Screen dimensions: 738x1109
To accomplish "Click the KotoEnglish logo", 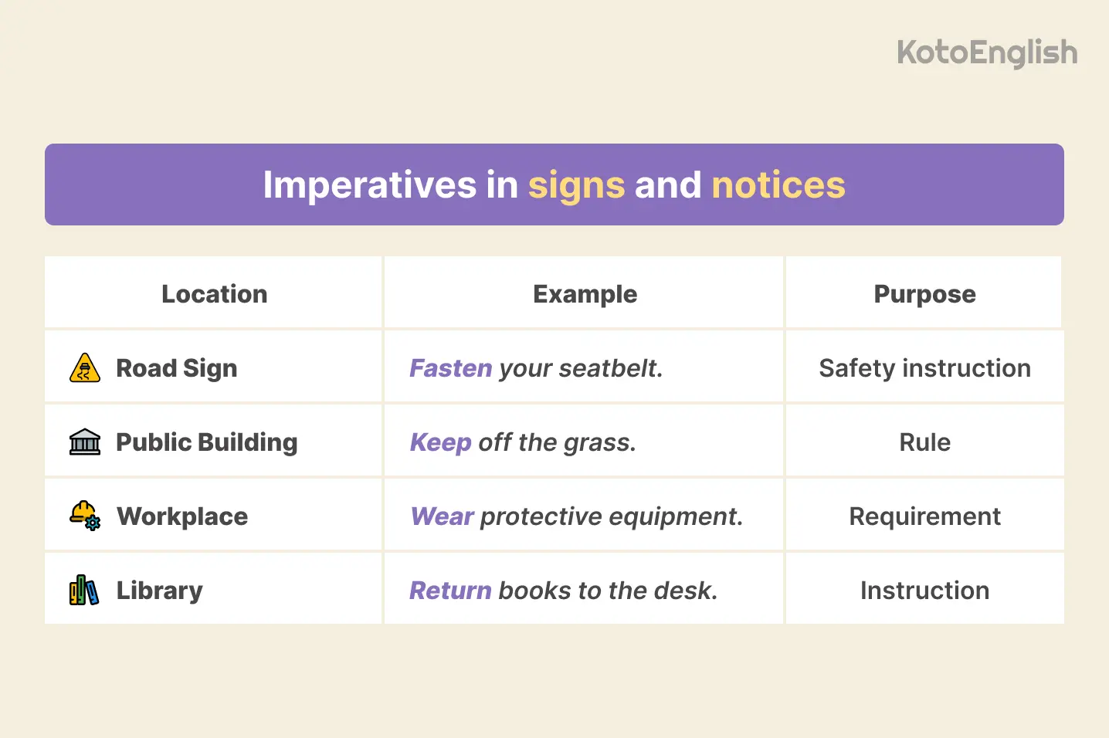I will (986, 53).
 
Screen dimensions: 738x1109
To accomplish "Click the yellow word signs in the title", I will (576, 185).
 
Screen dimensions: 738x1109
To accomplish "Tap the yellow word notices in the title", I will (778, 185).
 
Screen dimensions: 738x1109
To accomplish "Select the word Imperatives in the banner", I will (369, 185).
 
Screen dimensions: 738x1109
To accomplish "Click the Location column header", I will (214, 294).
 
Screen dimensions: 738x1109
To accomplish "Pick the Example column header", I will (585, 294).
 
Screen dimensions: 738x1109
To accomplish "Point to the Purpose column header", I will (924, 294).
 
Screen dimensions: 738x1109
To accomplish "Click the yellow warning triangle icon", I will (84, 368).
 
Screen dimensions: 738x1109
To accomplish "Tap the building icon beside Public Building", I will (84, 442).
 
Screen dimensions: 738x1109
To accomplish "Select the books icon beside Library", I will (84, 591).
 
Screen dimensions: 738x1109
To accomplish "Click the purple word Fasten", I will (450, 368).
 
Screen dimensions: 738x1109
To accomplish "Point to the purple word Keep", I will (440, 442).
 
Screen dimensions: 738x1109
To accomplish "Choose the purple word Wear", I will (442, 516).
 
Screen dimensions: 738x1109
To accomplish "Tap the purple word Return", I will (450, 591).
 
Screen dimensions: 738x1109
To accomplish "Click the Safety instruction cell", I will (924, 368).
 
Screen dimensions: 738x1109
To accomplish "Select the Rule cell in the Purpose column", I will (924, 442).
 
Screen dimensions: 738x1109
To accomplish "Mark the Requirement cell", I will (924, 516).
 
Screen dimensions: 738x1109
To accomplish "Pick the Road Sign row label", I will (176, 368).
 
